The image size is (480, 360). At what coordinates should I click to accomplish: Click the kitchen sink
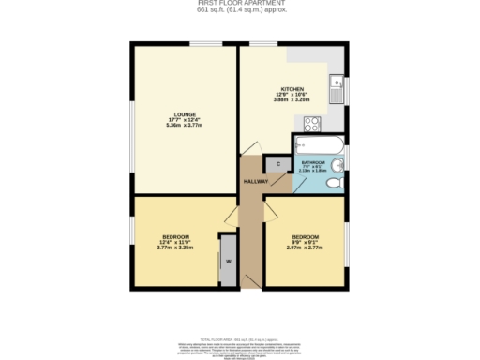point(337,92)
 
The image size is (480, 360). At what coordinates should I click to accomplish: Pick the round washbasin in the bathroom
point(339,168)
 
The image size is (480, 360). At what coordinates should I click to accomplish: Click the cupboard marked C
point(278,166)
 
